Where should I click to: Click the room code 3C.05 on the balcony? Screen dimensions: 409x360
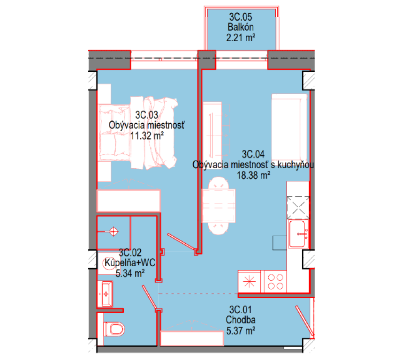[241, 17]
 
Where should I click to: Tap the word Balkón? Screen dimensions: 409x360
[241, 27]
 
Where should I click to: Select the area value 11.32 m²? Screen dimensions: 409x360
[147, 135]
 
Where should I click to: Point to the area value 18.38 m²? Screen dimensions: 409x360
[253, 175]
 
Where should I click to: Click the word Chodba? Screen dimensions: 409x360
[241, 320]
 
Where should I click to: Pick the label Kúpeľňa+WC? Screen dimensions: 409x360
[130, 262]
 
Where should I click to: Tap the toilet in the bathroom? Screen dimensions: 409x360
[114, 329]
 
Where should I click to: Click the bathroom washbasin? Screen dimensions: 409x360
[105, 294]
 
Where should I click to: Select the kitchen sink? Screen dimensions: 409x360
[298, 234]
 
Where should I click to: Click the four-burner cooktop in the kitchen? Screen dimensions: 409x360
[275, 282]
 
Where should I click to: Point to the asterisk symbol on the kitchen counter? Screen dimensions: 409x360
[250, 282]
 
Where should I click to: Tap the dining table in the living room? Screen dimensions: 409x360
[219, 206]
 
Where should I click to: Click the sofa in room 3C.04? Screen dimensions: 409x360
[289, 127]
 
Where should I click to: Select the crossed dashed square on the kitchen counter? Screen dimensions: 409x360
[298, 208]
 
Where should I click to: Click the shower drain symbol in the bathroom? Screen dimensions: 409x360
[114, 231]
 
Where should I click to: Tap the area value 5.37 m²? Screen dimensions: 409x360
[241, 331]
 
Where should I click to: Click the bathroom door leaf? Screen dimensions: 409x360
[150, 298]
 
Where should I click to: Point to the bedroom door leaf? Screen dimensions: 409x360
[181, 242]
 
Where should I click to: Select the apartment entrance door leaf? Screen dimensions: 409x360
[304, 321]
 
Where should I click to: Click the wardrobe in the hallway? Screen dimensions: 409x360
[192, 338]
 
